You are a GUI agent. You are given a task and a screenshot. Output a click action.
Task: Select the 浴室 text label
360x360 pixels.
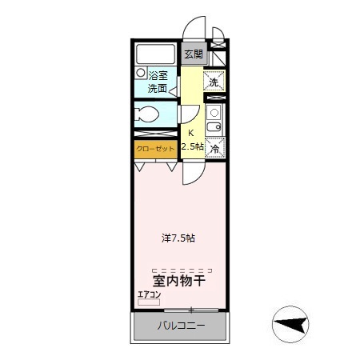coord(158,75)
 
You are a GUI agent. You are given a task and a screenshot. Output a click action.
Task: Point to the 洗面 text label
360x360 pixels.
coord(158,88)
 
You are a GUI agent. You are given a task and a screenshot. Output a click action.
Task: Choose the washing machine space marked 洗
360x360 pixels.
coord(214,82)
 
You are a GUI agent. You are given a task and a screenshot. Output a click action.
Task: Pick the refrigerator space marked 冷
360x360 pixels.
coord(214,148)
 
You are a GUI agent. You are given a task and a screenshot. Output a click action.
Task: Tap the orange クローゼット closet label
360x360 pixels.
coord(155,149)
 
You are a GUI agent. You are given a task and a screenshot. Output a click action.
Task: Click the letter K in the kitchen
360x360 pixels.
coord(190,134)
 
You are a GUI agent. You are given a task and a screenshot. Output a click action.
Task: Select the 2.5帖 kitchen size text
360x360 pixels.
coord(192,146)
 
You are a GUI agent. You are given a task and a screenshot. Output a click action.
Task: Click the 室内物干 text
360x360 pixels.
coord(180,281)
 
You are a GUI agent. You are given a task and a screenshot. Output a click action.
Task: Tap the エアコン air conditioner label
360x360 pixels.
coord(150,294)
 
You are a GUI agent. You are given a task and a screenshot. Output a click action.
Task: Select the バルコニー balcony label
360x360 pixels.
coord(180,326)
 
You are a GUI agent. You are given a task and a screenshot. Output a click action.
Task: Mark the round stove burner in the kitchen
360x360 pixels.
coord(214,112)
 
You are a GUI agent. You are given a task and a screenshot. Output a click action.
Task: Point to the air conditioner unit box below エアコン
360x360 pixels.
coord(149,302)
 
